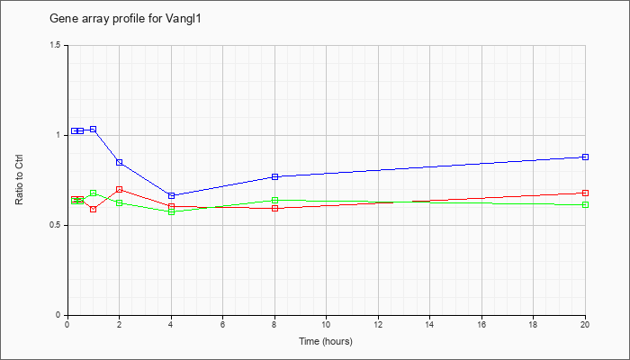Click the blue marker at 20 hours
[585, 157]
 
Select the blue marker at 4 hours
[172, 195]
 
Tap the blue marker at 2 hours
[120, 162]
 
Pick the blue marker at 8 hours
[275, 176]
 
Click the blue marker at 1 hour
[94, 129]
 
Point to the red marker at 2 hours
[120, 189]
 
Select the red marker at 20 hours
[585, 193]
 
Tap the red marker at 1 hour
[94, 209]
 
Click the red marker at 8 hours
[275, 208]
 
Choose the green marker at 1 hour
[94, 193]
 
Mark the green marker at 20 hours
[585, 204]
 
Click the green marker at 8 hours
[275, 200]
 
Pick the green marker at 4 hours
[172, 211]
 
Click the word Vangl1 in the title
[184, 19]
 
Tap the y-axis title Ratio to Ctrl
[19, 179]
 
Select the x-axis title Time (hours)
[326, 341]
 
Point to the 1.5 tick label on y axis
[56, 45]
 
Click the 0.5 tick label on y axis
[56, 225]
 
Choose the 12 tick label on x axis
[378, 324]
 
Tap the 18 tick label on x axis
[533, 324]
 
